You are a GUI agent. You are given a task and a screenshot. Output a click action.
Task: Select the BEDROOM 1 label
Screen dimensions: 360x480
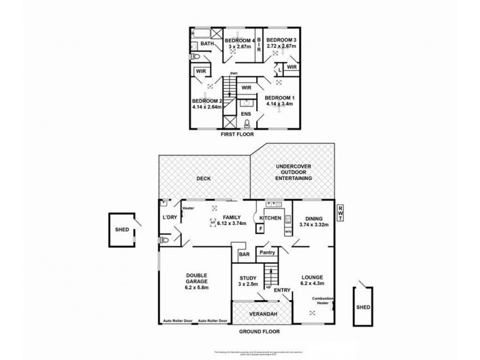point(280,97)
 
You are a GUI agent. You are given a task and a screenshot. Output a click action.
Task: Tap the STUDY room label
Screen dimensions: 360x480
point(247,278)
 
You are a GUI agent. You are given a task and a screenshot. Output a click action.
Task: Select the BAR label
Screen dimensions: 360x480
point(244,254)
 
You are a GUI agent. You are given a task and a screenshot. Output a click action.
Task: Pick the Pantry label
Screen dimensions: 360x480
point(267,253)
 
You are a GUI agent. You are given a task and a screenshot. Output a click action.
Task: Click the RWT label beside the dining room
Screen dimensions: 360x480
point(341,212)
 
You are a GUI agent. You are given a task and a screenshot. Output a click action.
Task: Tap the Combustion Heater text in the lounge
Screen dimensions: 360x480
point(323,301)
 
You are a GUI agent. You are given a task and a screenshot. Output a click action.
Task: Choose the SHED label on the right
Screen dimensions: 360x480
point(364,307)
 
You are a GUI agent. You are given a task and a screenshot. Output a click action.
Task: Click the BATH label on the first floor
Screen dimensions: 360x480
point(208,44)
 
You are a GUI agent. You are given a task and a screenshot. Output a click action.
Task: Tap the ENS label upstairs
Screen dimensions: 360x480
point(246,113)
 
